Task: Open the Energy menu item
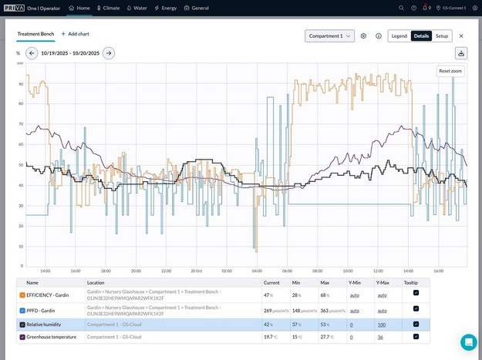pyautogui.click(x=167, y=8)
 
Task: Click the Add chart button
pyautogui.click(x=76, y=34)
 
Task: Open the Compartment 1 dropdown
pyautogui.click(x=329, y=35)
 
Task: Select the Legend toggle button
pyautogui.click(x=399, y=35)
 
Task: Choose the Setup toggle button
pyautogui.click(x=441, y=35)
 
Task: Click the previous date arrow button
pyautogui.click(x=32, y=53)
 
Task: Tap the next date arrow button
pyautogui.click(x=109, y=53)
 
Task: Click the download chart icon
pyautogui.click(x=461, y=53)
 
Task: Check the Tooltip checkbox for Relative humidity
pyautogui.click(x=416, y=325)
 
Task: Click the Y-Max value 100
pyautogui.click(x=381, y=325)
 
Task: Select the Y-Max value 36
pyautogui.click(x=380, y=337)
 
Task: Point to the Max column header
pyautogui.click(x=325, y=283)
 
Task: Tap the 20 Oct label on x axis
pyautogui.click(x=197, y=271)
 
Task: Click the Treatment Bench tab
pyautogui.click(x=35, y=34)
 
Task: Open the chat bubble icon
pyautogui.click(x=468, y=342)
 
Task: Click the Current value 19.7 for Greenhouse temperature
pyautogui.click(x=269, y=337)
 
